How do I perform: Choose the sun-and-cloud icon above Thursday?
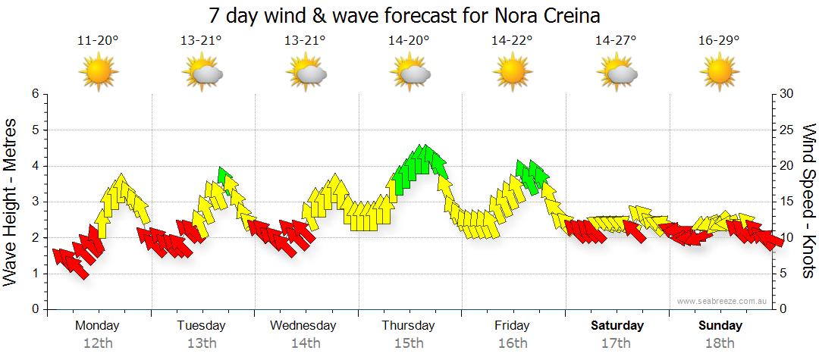(410, 74)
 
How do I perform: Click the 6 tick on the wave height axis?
(34, 94)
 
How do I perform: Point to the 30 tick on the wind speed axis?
(787, 94)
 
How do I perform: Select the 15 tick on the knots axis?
(787, 202)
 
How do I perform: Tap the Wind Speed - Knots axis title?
(808, 202)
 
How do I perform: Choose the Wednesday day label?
(304, 326)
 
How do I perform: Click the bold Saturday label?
(617, 326)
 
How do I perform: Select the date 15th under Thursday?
(409, 343)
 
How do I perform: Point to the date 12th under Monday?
(98, 343)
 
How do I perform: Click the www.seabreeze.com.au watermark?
(723, 301)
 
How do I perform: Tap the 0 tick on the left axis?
(34, 310)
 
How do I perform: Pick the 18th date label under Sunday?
(720, 343)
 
